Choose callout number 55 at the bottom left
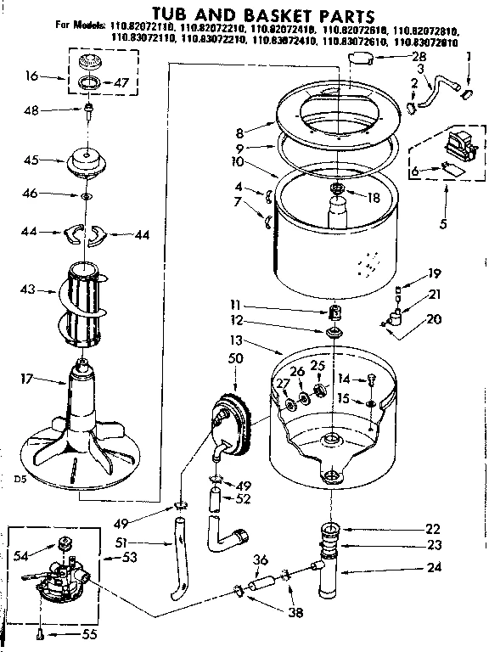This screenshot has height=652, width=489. click(x=87, y=633)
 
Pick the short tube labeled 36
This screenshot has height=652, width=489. click(x=263, y=583)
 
